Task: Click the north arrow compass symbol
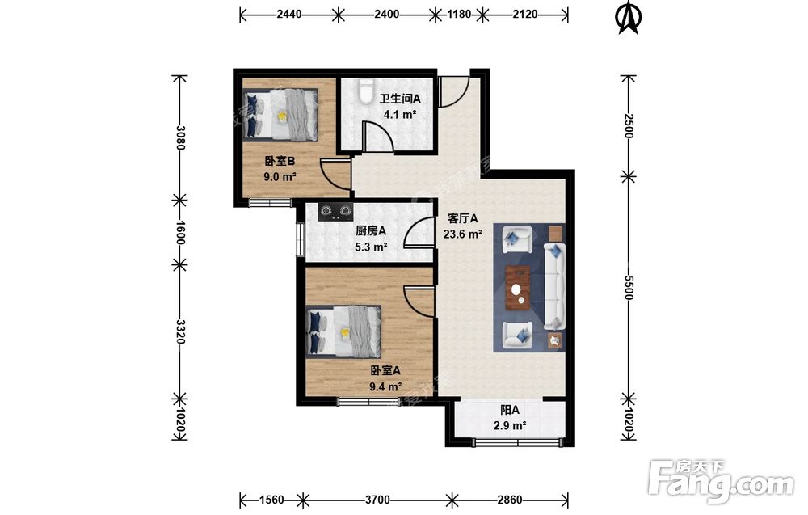[x=628, y=18]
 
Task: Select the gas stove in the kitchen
[x=335, y=212]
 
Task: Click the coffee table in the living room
[x=519, y=288]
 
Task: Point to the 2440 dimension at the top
[x=289, y=15]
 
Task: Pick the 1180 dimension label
[x=459, y=15]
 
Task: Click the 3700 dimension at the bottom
[x=377, y=500]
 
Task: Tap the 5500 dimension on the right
[x=628, y=287]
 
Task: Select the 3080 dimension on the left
[x=180, y=137]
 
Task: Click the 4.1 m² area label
[x=399, y=115]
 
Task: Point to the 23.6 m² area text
[x=463, y=234]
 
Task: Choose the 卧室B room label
[x=280, y=162]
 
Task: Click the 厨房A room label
[x=371, y=231]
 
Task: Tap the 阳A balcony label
[x=510, y=411]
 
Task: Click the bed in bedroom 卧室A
[x=343, y=331]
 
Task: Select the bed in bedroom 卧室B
[x=280, y=115]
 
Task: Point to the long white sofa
[x=554, y=287]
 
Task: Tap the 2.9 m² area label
[x=510, y=426]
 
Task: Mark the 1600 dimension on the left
[x=180, y=233]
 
